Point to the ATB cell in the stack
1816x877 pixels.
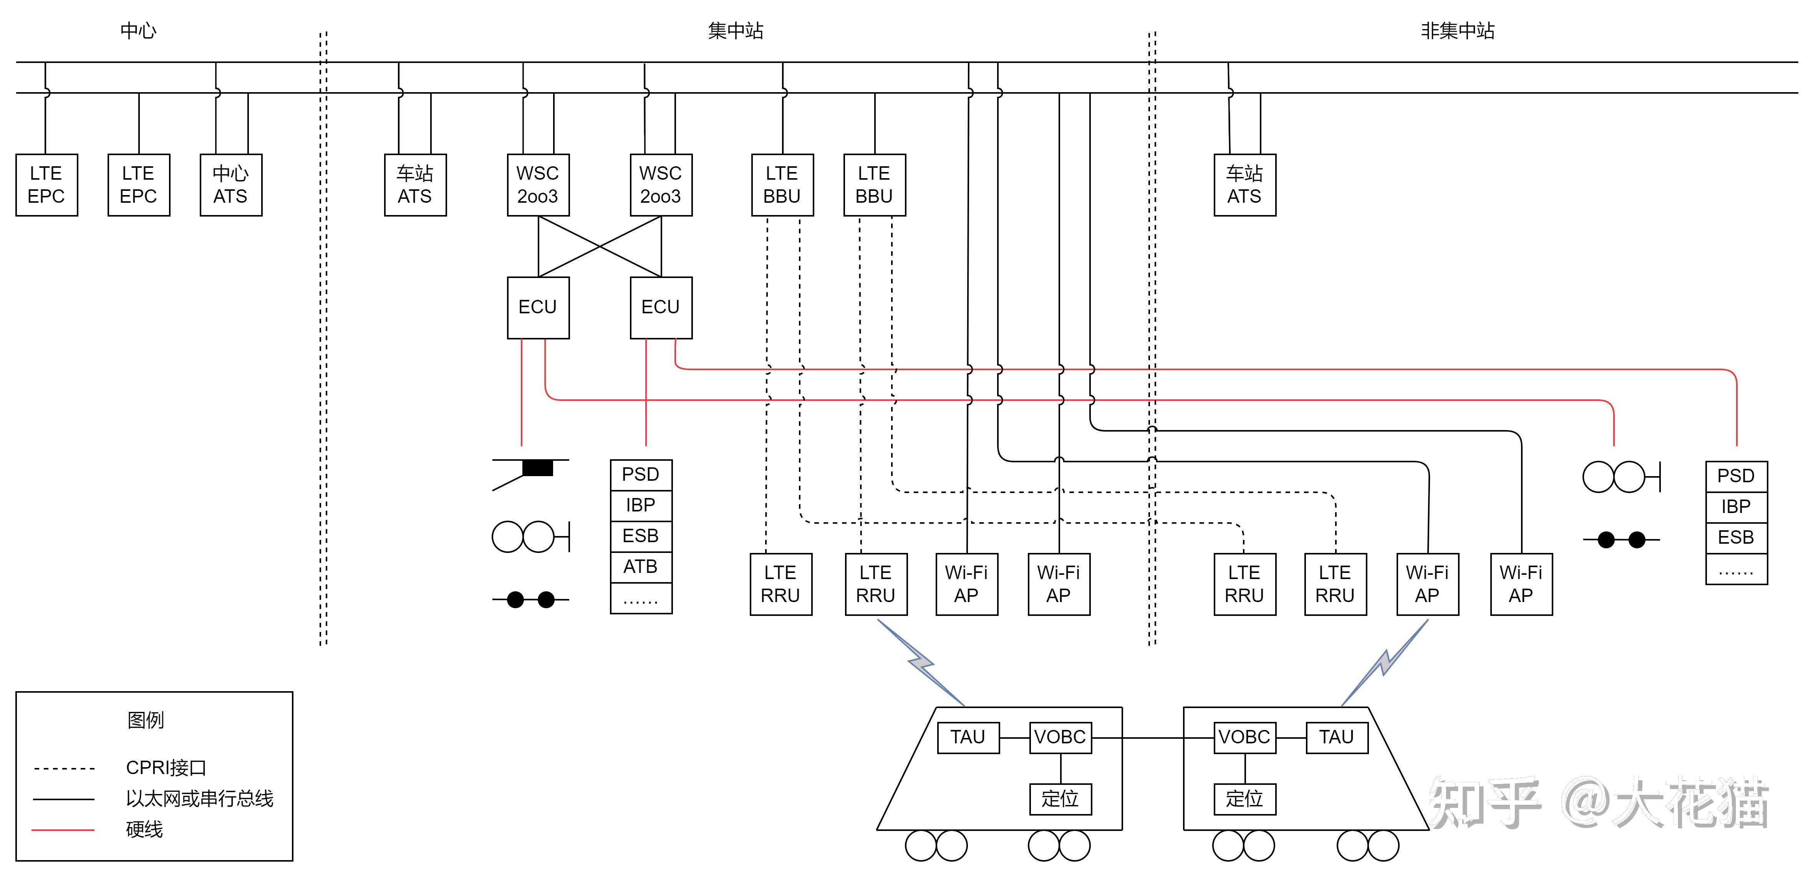point(641,567)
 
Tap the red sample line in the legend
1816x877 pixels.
point(63,830)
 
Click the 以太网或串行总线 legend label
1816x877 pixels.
point(199,799)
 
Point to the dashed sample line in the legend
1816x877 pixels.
point(63,768)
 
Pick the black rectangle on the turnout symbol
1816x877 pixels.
point(537,467)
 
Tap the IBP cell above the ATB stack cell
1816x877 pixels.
point(641,505)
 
